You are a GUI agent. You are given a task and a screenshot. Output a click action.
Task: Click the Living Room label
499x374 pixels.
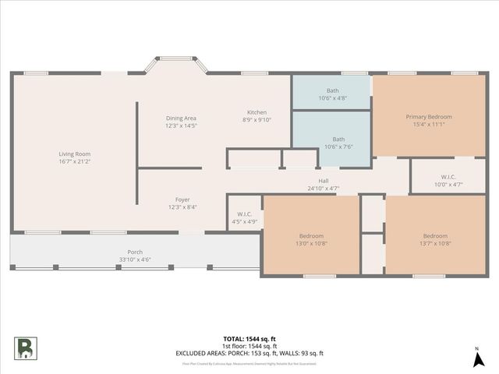[75, 154]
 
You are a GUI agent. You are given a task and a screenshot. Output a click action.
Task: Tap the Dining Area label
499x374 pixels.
[180, 118]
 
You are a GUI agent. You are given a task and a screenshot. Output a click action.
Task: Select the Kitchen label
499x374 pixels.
[257, 112]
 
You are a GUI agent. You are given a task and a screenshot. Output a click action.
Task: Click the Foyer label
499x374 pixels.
[182, 199]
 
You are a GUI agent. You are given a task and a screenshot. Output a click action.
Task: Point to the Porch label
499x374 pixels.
[135, 252]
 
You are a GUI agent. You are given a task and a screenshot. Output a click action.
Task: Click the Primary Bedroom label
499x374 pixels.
[424, 117]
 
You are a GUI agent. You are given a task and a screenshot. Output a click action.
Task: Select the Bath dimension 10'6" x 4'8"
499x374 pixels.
[332, 98]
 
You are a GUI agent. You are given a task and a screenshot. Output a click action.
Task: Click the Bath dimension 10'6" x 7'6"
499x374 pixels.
[332, 146]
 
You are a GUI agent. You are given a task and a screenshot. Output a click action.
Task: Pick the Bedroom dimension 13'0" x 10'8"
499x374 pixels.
[311, 243]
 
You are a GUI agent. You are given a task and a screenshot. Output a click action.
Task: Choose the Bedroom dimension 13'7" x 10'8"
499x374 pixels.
[435, 243]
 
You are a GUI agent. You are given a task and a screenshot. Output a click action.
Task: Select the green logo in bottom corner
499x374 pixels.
[24, 348]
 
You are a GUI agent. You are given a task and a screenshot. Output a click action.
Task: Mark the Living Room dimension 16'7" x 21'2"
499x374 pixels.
[75, 162]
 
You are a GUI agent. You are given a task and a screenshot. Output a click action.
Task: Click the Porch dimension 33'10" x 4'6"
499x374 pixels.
[135, 259]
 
